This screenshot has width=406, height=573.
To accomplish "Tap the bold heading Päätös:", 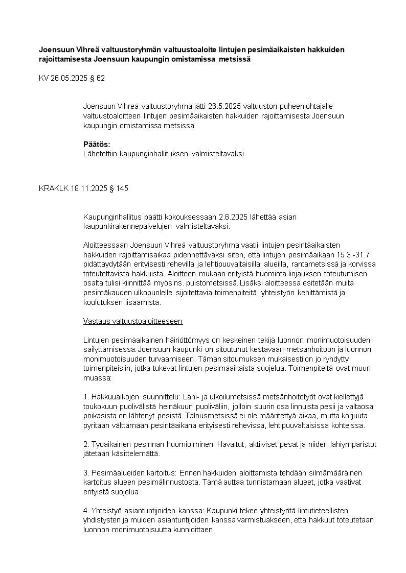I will point(97,144).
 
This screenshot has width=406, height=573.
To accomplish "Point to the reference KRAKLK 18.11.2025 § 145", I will point(83,188).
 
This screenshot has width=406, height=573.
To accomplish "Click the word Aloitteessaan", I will point(105,246).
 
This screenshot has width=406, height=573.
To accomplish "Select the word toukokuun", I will point(100,406).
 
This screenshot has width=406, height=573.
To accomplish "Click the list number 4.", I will point(85,510).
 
